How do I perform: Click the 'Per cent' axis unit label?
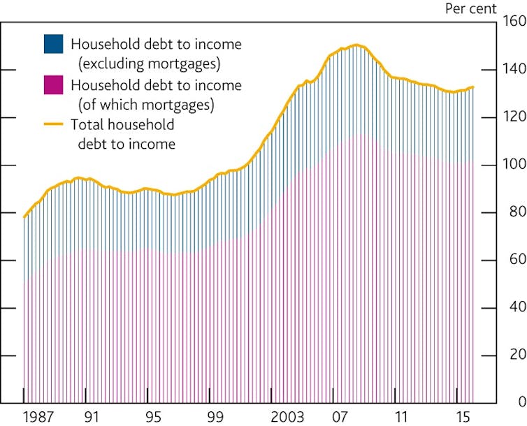point(470,9)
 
